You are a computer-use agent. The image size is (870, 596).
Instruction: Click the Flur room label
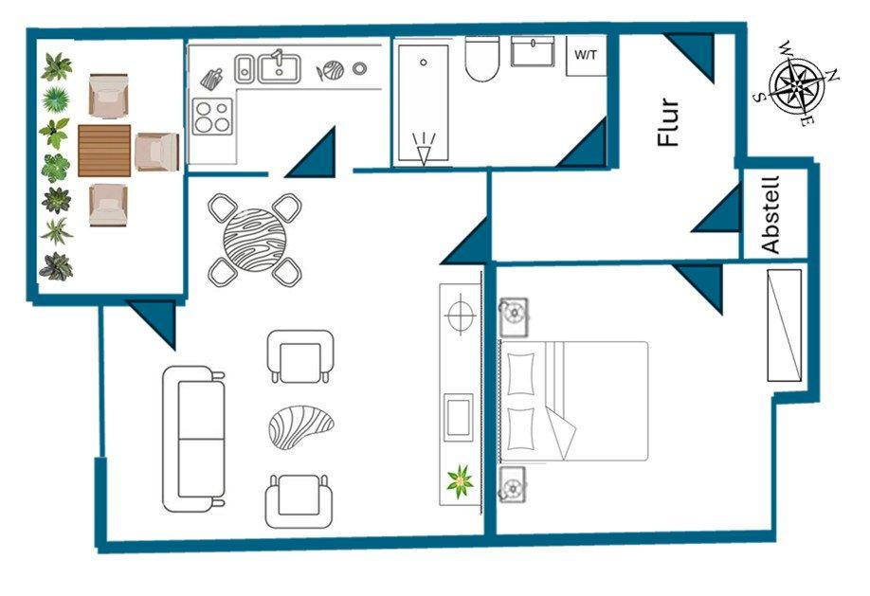point(669,122)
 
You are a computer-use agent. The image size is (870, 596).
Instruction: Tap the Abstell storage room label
point(770,214)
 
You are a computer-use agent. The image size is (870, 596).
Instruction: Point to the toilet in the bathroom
point(482,59)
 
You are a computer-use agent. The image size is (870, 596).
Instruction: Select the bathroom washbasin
point(534,51)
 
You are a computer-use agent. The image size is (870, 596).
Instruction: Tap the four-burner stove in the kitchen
point(212,116)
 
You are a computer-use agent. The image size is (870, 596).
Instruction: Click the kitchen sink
point(280,67)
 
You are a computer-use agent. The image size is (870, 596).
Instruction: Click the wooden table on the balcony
point(104,151)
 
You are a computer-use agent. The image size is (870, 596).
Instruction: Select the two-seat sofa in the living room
point(194,440)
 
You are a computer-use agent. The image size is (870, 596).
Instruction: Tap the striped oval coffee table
point(302,427)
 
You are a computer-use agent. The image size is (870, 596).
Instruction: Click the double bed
point(573,401)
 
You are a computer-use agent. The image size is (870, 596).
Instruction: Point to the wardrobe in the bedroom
point(785,325)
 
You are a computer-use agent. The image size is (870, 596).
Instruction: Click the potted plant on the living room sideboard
point(461,482)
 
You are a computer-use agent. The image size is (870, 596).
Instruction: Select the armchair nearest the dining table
point(300,355)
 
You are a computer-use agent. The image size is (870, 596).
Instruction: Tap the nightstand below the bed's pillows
point(514,486)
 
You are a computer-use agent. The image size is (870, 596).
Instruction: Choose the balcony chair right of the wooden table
point(156,152)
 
